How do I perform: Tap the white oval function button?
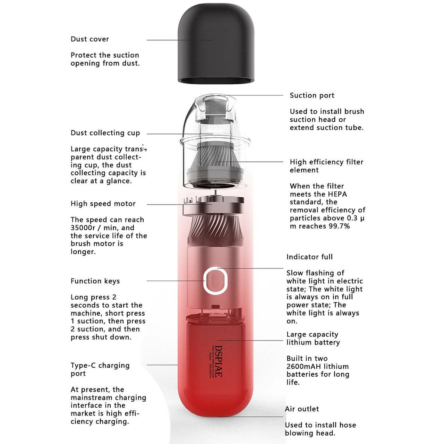point(215,281)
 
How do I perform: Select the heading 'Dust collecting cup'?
point(105,133)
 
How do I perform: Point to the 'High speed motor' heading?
point(103,204)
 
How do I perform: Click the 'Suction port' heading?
point(312,95)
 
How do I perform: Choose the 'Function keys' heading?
point(95,281)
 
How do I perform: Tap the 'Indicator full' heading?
point(309,257)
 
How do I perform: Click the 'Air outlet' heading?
point(302,409)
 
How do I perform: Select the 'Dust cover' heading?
point(89,39)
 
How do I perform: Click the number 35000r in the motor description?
point(83,228)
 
